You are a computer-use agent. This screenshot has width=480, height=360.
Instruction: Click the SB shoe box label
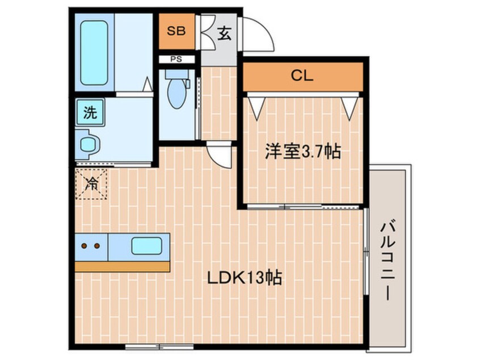[x=176, y=31]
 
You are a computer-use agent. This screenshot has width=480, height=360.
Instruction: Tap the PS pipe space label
[x=176, y=59]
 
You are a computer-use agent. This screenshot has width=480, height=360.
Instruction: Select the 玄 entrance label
[x=224, y=33]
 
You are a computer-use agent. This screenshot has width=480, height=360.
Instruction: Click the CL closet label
[x=302, y=76]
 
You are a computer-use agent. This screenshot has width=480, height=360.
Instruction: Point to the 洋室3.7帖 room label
[x=303, y=152]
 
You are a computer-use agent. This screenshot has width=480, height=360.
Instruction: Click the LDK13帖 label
[x=245, y=278]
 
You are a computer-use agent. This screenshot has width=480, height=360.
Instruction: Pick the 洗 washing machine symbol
[x=90, y=112]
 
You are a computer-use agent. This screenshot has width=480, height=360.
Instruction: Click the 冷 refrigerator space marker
[x=91, y=184]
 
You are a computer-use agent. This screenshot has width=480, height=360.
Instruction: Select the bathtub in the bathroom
[x=94, y=53]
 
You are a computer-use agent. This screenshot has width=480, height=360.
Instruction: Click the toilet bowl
[x=177, y=89]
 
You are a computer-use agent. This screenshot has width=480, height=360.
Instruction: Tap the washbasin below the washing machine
[x=88, y=144]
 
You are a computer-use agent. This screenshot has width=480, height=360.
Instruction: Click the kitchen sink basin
[x=146, y=246]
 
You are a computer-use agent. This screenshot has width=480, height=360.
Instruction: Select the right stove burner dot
[x=96, y=246]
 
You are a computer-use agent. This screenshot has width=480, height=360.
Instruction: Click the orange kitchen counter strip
[x=123, y=267]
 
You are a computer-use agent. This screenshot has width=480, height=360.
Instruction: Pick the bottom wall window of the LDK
[x=159, y=347]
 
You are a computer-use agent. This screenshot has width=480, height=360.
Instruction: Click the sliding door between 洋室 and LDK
[x=303, y=207]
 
